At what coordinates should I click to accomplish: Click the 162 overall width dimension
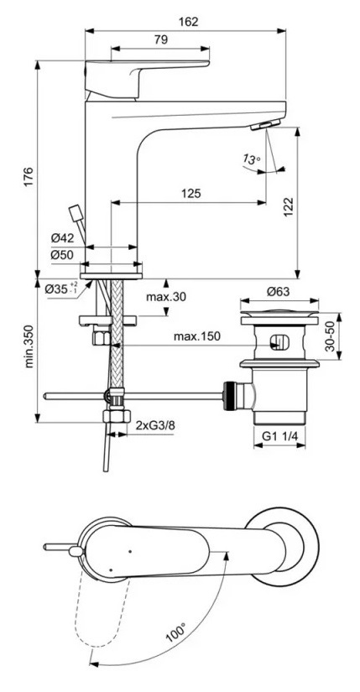pos(190,22)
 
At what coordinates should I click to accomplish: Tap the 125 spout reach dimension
pos(190,194)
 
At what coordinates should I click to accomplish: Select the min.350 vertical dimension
pos(29,347)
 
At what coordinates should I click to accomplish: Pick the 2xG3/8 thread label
pos(157,426)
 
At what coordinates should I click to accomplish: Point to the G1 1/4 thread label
pos(279,435)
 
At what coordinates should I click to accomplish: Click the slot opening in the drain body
pos(279,341)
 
